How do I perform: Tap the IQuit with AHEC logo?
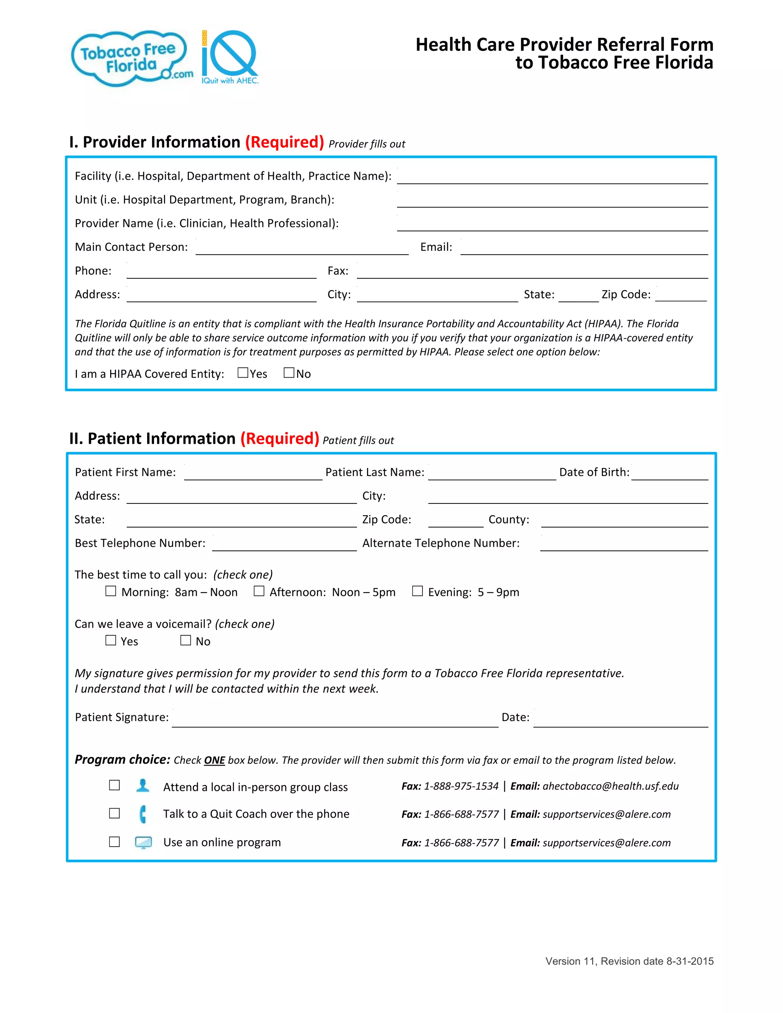click(230, 57)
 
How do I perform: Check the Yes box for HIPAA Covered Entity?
click(243, 373)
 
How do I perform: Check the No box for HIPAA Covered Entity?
click(289, 373)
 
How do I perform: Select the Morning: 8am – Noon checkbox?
click(110, 591)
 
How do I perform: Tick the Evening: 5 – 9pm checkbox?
click(417, 591)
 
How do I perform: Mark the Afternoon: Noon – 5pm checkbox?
click(259, 591)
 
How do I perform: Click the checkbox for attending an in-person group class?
click(114, 785)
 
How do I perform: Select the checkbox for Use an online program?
click(114, 842)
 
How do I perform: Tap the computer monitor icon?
click(143, 842)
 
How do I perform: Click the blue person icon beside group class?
click(143, 785)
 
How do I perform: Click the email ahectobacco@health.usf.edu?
click(611, 786)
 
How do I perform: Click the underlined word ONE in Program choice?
click(214, 760)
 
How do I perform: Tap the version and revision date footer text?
click(629, 961)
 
